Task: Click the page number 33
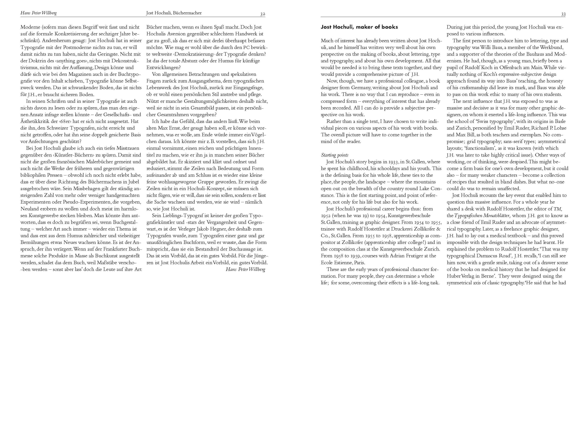pyautogui.click(x=563, y=14)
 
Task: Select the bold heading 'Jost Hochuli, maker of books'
pyautogui.click(x=359, y=27)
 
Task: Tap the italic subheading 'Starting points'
pyautogui.click(x=335, y=155)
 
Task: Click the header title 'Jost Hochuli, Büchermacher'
pyautogui.click(x=174, y=13)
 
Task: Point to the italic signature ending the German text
pyautogui.click(x=245, y=269)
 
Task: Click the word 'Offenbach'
pyautogui.click(x=511, y=67)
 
